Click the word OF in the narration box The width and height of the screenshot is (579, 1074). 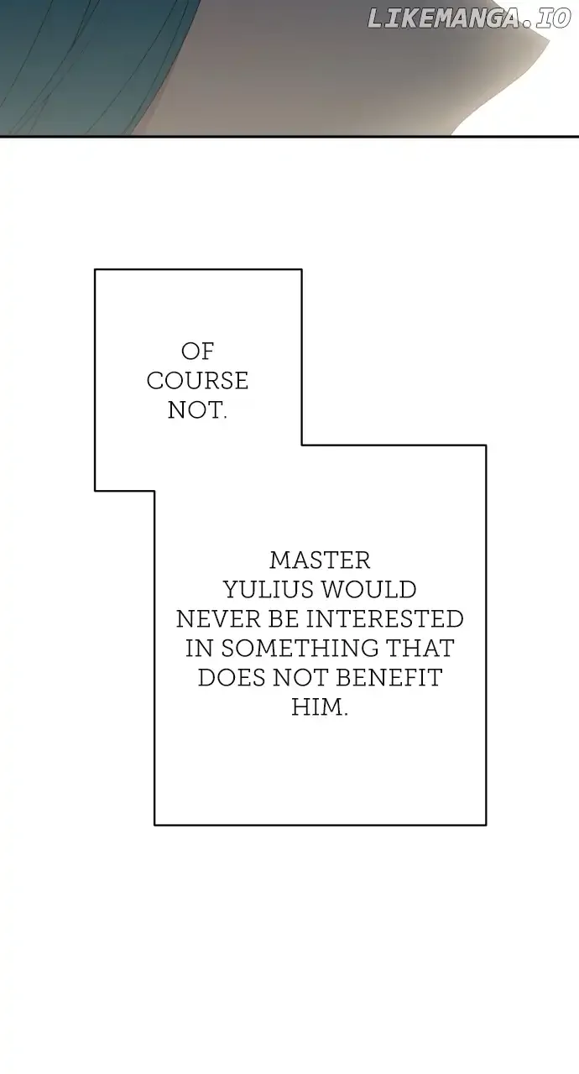[197, 352]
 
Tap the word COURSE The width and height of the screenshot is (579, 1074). [197, 381]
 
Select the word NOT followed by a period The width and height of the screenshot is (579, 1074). [197, 410]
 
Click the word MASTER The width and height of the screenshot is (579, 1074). [320, 560]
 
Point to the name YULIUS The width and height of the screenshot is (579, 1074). [269, 590]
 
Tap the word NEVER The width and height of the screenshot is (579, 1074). [218, 619]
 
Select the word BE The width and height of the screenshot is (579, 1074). [284, 619]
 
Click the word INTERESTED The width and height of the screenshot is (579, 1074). [385, 619]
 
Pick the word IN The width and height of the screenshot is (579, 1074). [199, 649]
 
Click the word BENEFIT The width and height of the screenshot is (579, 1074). [389, 678]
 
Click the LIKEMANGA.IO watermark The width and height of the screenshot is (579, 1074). [469, 19]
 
